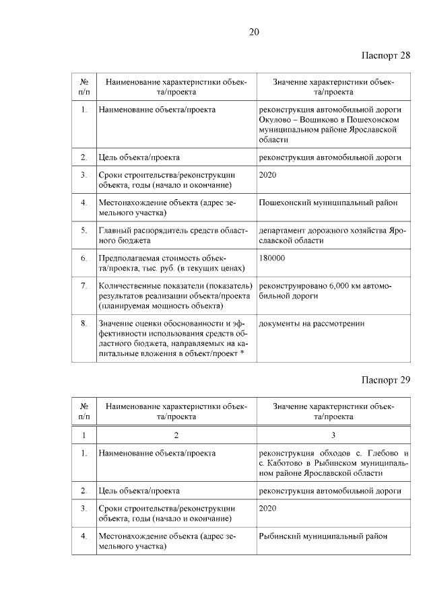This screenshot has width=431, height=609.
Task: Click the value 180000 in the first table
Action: coord(272,258)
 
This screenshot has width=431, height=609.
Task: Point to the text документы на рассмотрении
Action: coord(312,324)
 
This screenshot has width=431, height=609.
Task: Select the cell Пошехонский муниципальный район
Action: coord(329,201)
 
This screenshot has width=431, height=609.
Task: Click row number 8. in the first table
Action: coord(84,324)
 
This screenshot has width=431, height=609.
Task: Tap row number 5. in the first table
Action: coord(84,230)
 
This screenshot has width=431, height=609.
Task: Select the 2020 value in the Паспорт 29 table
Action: coord(268,509)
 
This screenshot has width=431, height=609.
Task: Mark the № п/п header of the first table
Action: coord(84,86)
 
